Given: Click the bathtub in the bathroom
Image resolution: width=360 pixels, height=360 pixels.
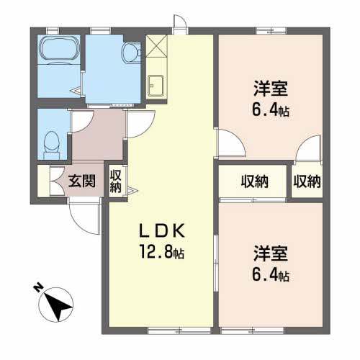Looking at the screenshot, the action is pyautogui.click(x=59, y=48).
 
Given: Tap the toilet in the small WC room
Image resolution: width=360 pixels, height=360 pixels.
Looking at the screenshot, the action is pyautogui.click(x=52, y=145).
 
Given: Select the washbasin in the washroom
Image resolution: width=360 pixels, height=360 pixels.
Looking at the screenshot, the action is pyautogui.click(x=131, y=53).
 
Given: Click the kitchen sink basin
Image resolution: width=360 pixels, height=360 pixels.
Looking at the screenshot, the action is pyautogui.click(x=156, y=85).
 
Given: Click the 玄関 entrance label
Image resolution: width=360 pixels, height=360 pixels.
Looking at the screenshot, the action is pyautogui.click(x=82, y=181).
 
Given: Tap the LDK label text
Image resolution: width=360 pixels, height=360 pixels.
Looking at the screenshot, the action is pyautogui.click(x=162, y=231).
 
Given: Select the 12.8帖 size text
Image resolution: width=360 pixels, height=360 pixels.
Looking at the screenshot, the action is pyautogui.click(x=162, y=252).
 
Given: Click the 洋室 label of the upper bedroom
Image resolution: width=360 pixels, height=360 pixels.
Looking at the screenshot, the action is pyautogui.click(x=271, y=89).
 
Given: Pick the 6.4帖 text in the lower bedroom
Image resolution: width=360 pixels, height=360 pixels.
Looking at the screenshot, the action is pyautogui.click(x=271, y=275).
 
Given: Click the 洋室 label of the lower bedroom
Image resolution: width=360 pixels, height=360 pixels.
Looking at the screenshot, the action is pyautogui.click(x=271, y=253).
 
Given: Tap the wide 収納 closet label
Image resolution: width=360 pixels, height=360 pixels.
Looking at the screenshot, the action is pyautogui.click(x=254, y=181).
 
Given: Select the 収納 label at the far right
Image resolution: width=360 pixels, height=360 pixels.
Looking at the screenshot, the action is pyautogui.click(x=307, y=181).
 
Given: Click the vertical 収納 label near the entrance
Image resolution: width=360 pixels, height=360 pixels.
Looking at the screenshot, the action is pyautogui.click(x=115, y=181).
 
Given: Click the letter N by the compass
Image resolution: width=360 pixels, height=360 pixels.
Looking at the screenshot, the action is pyautogui.click(x=38, y=287).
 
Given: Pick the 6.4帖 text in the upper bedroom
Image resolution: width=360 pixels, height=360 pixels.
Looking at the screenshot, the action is pyautogui.click(x=271, y=110).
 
